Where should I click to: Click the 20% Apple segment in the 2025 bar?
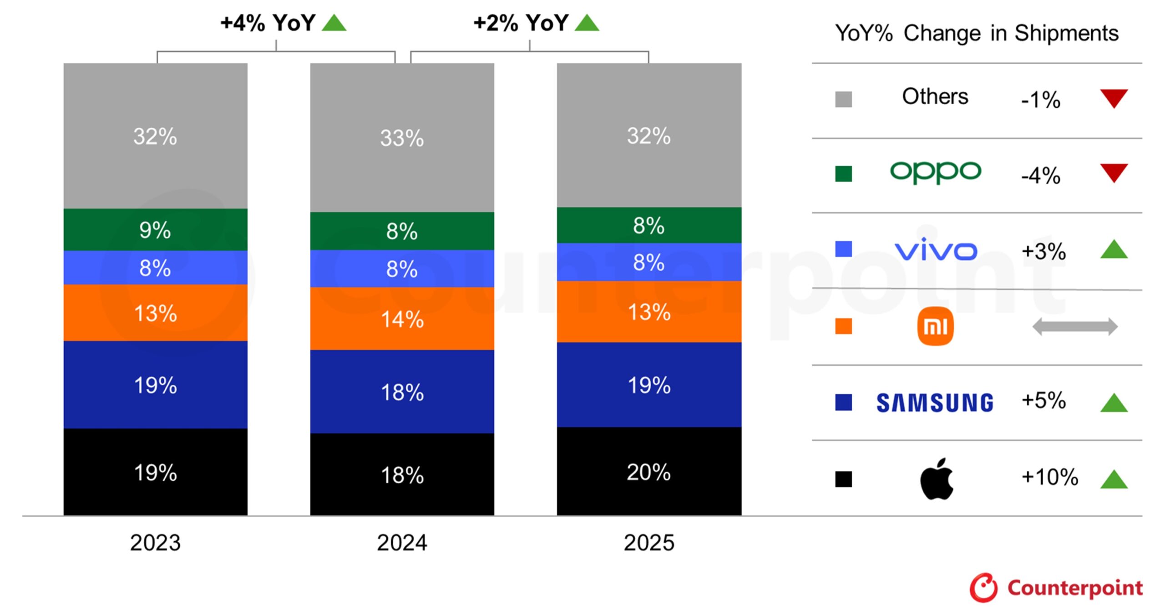click(648, 471)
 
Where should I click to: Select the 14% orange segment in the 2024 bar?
click(402, 319)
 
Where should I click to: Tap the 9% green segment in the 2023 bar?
click(155, 229)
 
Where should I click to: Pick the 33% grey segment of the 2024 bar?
click(402, 137)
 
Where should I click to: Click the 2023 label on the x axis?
click(155, 542)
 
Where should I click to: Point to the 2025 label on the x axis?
click(648, 542)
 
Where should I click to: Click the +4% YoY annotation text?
click(268, 23)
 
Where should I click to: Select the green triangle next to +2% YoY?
click(587, 23)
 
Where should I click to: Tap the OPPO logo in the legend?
click(935, 172)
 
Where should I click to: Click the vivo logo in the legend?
click(935, 249)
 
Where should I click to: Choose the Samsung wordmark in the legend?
click(935, 403)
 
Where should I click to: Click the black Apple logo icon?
click(936, 479)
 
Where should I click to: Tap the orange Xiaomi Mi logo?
click(935, 326)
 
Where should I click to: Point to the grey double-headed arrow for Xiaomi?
click(1074, 326)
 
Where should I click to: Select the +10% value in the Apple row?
click(1049, 477)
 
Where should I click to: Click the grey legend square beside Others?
click(843, 99)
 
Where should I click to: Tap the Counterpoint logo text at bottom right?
click(1074, 587)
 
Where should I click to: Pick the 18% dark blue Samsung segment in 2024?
click(402, 392)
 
